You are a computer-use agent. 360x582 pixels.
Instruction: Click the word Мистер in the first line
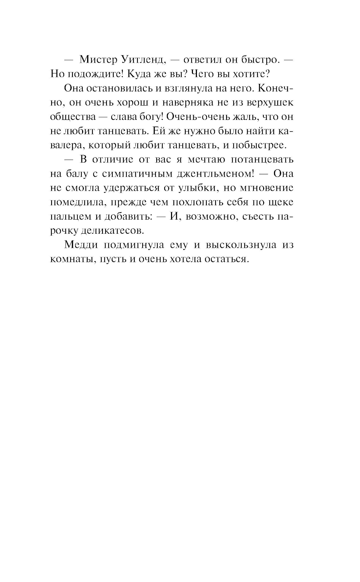point(96,60)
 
